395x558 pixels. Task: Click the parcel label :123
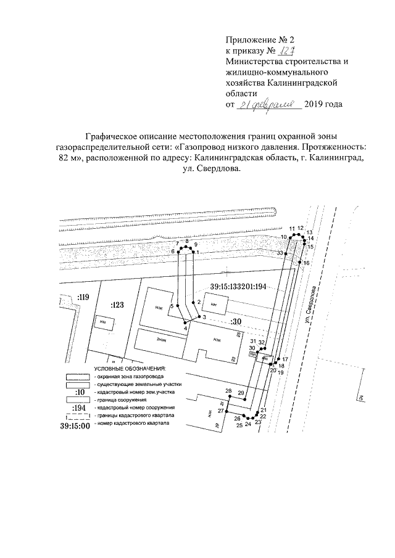117,305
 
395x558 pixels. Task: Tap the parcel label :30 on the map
234,322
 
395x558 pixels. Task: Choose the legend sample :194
78,408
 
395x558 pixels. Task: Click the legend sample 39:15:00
75,425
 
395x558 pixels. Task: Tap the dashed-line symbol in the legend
78,416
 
